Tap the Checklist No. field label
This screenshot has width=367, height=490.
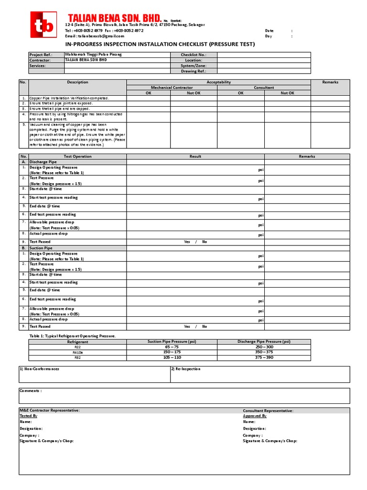click(194, 55)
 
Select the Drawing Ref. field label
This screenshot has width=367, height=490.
click(194, 71)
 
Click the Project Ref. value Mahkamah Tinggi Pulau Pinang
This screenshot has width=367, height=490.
click(94, 55)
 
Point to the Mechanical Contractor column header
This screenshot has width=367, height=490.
click(172, 88)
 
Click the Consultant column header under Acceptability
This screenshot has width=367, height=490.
click(264, 88)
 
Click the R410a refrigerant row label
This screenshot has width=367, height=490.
click(77, 352)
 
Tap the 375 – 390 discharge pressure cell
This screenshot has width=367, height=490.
click(264, 357)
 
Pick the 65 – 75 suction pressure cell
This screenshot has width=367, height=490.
click(172, 347)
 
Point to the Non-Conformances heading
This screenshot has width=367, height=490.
click(40, 369)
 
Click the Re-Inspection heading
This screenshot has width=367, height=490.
click(186, 369)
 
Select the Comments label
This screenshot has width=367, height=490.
click(31, 390)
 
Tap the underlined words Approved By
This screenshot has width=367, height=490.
click(254, 416)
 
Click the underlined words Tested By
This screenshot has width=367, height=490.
click(28, 416)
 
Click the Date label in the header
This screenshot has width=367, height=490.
click(270, 31)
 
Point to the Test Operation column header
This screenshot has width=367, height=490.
click(77, 156)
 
